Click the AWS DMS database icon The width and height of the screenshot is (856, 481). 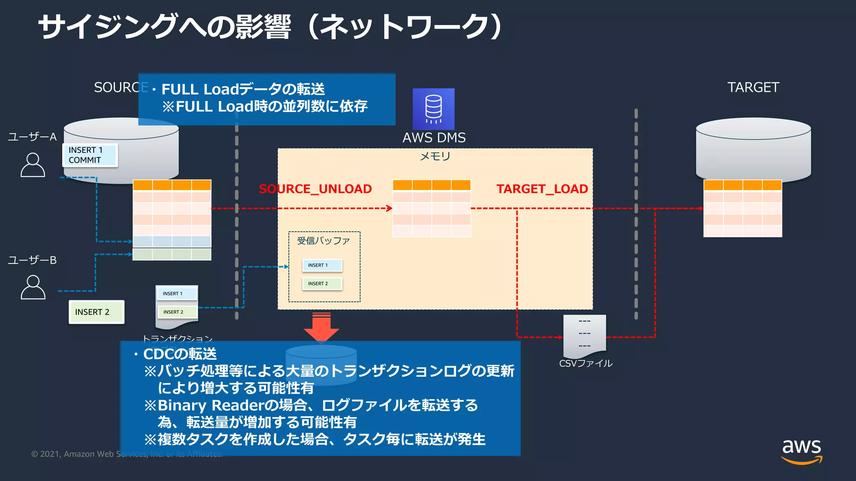433,109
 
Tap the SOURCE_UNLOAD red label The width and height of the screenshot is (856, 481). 315,189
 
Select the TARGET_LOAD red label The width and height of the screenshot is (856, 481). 542,189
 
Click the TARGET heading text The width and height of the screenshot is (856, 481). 753,87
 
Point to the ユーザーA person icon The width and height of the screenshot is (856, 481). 33,165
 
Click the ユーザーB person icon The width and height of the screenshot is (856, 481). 33,287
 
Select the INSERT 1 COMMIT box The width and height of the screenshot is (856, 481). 90,155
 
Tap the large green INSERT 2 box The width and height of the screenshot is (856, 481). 96,312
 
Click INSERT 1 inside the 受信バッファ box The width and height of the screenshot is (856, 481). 322,265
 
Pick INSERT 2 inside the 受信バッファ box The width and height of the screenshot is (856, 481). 322,284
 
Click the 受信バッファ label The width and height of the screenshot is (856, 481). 324,241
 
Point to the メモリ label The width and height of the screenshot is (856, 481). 435,156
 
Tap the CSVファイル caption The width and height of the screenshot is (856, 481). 586,363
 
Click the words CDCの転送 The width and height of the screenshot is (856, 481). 180,354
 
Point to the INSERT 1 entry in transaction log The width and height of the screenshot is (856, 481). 176,294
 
